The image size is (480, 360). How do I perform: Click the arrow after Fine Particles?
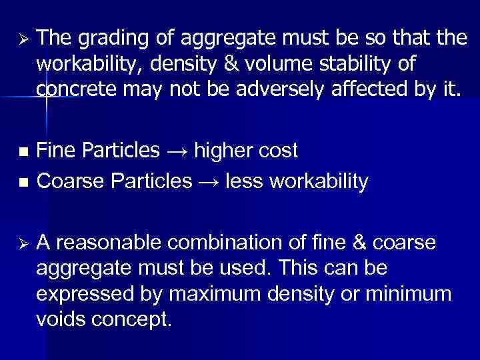click(177, 151)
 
